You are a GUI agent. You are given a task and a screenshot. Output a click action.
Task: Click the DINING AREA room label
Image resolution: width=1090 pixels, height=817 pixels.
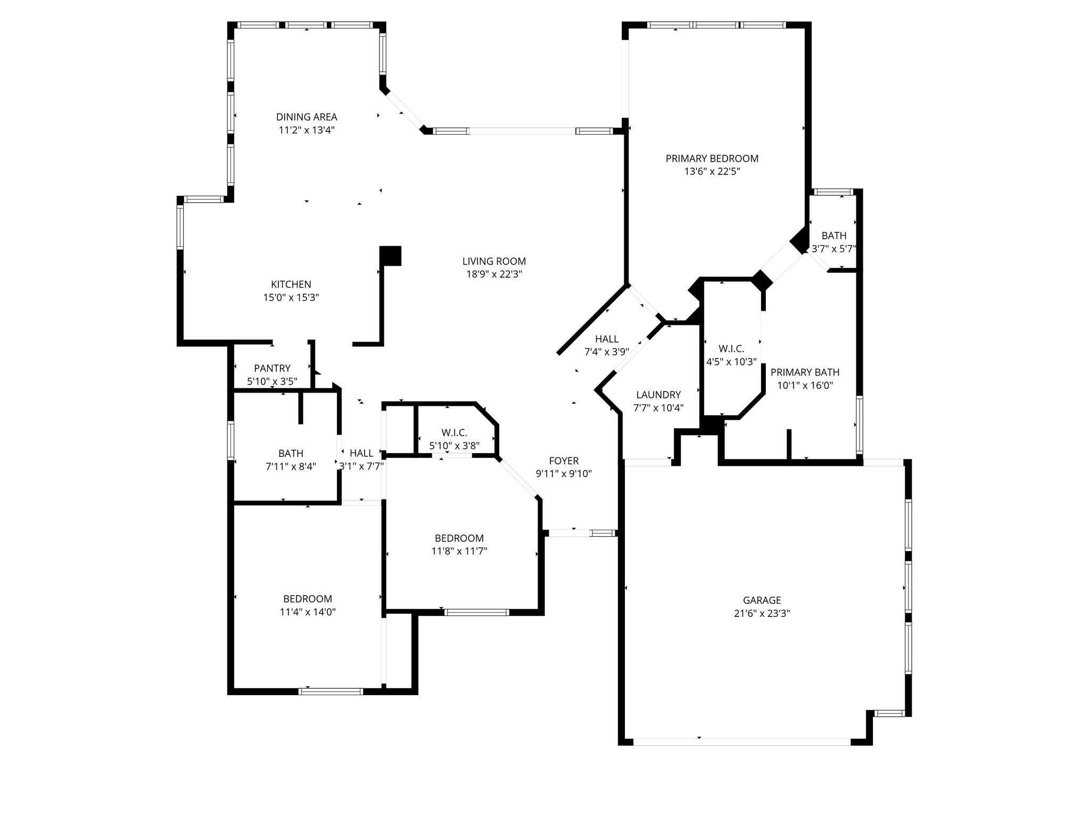[307, 117]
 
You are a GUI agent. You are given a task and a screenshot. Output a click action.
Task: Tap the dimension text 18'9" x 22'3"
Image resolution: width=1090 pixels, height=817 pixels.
[494, 274]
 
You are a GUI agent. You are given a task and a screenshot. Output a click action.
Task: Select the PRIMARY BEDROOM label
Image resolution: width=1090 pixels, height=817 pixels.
[712, 159]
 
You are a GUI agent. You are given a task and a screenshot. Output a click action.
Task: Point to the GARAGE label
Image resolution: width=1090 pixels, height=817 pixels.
[762, 601]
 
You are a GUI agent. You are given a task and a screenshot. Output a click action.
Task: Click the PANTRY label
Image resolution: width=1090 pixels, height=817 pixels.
[272, 368]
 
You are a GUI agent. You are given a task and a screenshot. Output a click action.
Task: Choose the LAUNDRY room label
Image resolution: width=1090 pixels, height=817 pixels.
[658, 395]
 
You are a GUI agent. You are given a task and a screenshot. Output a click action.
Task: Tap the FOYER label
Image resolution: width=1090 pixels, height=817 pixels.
[564, 461]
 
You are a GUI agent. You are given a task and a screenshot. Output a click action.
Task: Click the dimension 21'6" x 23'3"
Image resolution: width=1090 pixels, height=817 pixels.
[762, 613]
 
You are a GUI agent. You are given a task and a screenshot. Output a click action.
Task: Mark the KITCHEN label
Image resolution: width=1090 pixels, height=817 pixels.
[291, 285]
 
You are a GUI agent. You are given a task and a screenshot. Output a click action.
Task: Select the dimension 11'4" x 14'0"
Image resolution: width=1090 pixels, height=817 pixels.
[308, 612]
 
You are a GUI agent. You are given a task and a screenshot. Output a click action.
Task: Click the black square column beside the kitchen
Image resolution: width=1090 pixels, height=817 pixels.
[391, 256]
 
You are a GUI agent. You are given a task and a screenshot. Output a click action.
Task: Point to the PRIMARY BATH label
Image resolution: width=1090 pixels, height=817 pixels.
[805, 372]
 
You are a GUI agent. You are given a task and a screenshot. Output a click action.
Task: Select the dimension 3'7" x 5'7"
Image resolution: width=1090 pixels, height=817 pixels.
[833, 248]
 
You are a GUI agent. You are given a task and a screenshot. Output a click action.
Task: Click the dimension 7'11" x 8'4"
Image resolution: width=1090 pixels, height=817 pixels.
[291, 466]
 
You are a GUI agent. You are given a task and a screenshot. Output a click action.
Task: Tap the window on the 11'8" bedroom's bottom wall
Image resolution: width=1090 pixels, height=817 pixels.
[477, 612]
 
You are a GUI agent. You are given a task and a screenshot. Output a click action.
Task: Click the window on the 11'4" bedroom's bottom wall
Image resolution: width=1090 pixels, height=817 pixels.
[331, 691]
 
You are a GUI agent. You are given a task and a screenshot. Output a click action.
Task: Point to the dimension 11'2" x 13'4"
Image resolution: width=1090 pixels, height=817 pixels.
[307, 130]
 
